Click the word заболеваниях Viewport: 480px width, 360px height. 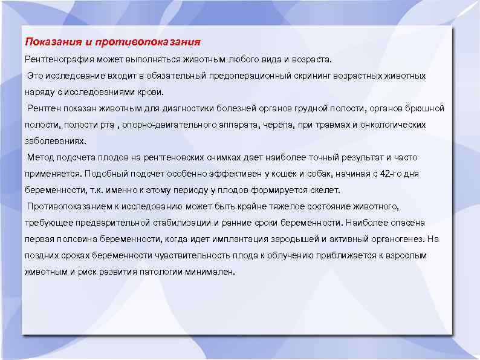click(x=55, y=141)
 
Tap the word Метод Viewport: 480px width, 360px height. click(x=41, y=157)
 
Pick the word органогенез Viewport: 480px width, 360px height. click(x=390, y=239)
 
